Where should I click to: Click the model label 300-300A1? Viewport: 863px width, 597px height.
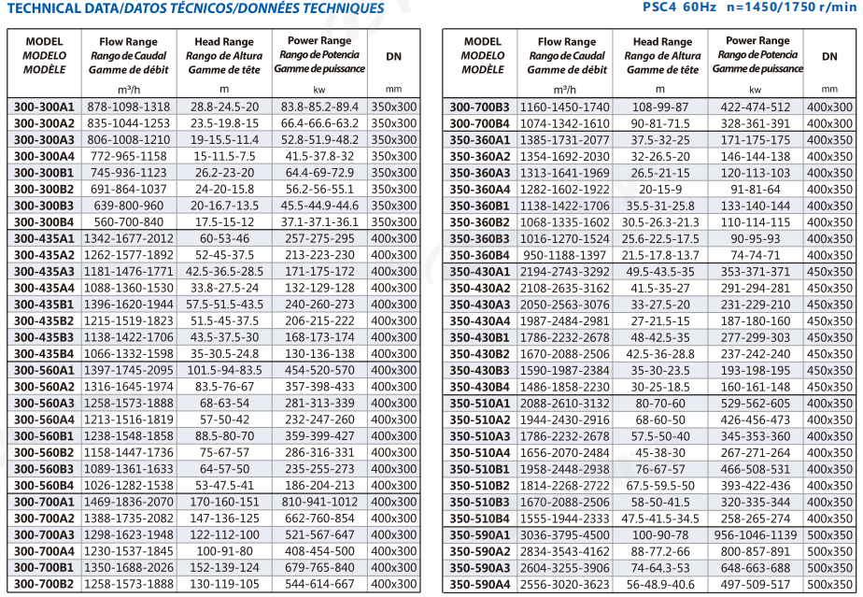[x=44, y=107]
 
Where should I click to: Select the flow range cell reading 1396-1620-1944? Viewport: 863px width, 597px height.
[x=129, y=305]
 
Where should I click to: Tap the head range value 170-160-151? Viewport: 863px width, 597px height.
[x=224, y=502]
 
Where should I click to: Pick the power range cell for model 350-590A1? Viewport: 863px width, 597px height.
[x=755, y=535]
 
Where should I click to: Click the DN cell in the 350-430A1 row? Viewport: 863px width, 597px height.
[x=829, y=272]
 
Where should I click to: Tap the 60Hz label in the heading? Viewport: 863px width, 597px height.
[x=700, y=7]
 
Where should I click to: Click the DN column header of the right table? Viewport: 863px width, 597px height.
[x=829, y=56]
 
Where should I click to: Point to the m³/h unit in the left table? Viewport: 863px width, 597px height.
[x=129, y=90]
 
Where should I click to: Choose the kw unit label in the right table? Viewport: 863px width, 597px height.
[x=755, y=90]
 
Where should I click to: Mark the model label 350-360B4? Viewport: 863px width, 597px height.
[x=480, y=256]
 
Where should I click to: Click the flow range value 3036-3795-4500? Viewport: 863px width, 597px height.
[x=565, y=535]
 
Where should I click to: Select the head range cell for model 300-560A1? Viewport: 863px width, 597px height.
[x=224, y=370]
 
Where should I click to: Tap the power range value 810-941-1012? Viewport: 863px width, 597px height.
[x=319, y=502]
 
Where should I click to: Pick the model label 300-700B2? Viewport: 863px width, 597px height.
[x=44, y=584]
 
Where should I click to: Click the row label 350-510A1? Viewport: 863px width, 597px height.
[x=480, y=404]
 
